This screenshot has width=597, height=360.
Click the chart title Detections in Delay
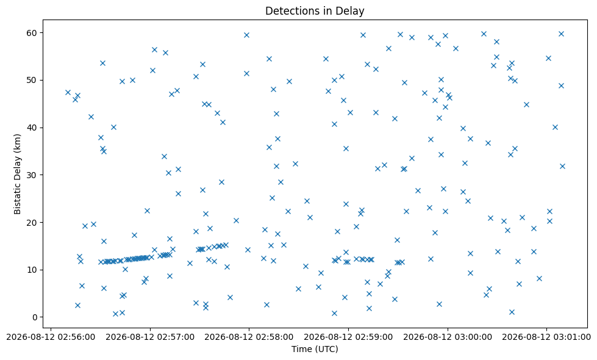tap(315, 10)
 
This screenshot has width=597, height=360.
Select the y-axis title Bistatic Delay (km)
tap(17, 174)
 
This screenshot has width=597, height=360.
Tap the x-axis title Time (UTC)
tap(315, 349)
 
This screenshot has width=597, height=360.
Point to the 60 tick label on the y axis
tap(32, 33)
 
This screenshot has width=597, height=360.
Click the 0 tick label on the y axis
tap(35, 317)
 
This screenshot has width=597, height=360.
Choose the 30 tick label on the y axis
tap(32, 175)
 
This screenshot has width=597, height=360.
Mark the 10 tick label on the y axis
tap(32, 270)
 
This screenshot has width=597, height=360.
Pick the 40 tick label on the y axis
tap(32, 128)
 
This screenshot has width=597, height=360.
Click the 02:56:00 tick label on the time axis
tap(51, 337)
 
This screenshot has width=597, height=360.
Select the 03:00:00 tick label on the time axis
tap(448, 337)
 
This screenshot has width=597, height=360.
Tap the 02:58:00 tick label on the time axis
tap(249, 337)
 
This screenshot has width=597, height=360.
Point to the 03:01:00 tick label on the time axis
tap(546, 337)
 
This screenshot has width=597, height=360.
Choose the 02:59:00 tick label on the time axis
tap(348, 337)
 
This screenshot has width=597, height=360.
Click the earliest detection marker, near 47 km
tap(68, 93)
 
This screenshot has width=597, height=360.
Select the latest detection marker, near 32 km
tap(562, 166)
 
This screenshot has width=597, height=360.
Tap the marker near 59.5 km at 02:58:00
tap(246, 35)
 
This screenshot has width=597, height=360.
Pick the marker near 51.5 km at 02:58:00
tap(246, 73)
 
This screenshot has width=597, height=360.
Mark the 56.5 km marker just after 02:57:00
tap(154, 49)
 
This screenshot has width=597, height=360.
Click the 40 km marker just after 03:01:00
tap(555, 128)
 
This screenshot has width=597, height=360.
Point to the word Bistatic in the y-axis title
tap(17, 200)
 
